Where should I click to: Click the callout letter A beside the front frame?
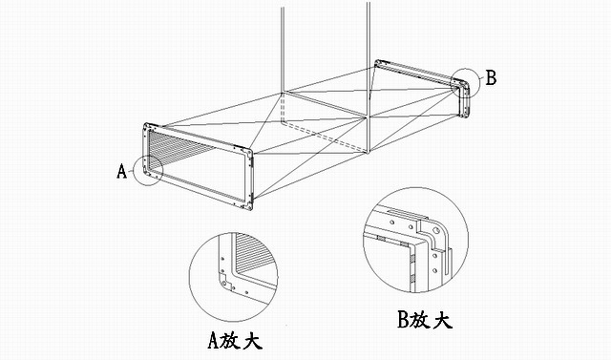[x=122, y=171]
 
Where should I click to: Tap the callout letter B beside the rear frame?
[x=492, y=77]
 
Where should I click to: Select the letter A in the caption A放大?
[x=213, y=340]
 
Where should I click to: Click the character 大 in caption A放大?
[x=252, y=341]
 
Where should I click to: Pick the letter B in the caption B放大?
[x=403, y=320]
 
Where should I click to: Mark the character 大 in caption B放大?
[x=442, y=320]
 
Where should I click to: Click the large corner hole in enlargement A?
[x=224, y=284]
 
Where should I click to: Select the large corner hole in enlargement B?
[x=436, y=231]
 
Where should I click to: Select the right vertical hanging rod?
[x=369, y=78]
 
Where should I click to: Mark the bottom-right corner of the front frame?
[x=250, y=209]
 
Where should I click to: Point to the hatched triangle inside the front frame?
[x=176, y=146]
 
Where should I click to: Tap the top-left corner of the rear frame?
[x=376, y=61]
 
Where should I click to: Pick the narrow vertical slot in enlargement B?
[x=450, y=263]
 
